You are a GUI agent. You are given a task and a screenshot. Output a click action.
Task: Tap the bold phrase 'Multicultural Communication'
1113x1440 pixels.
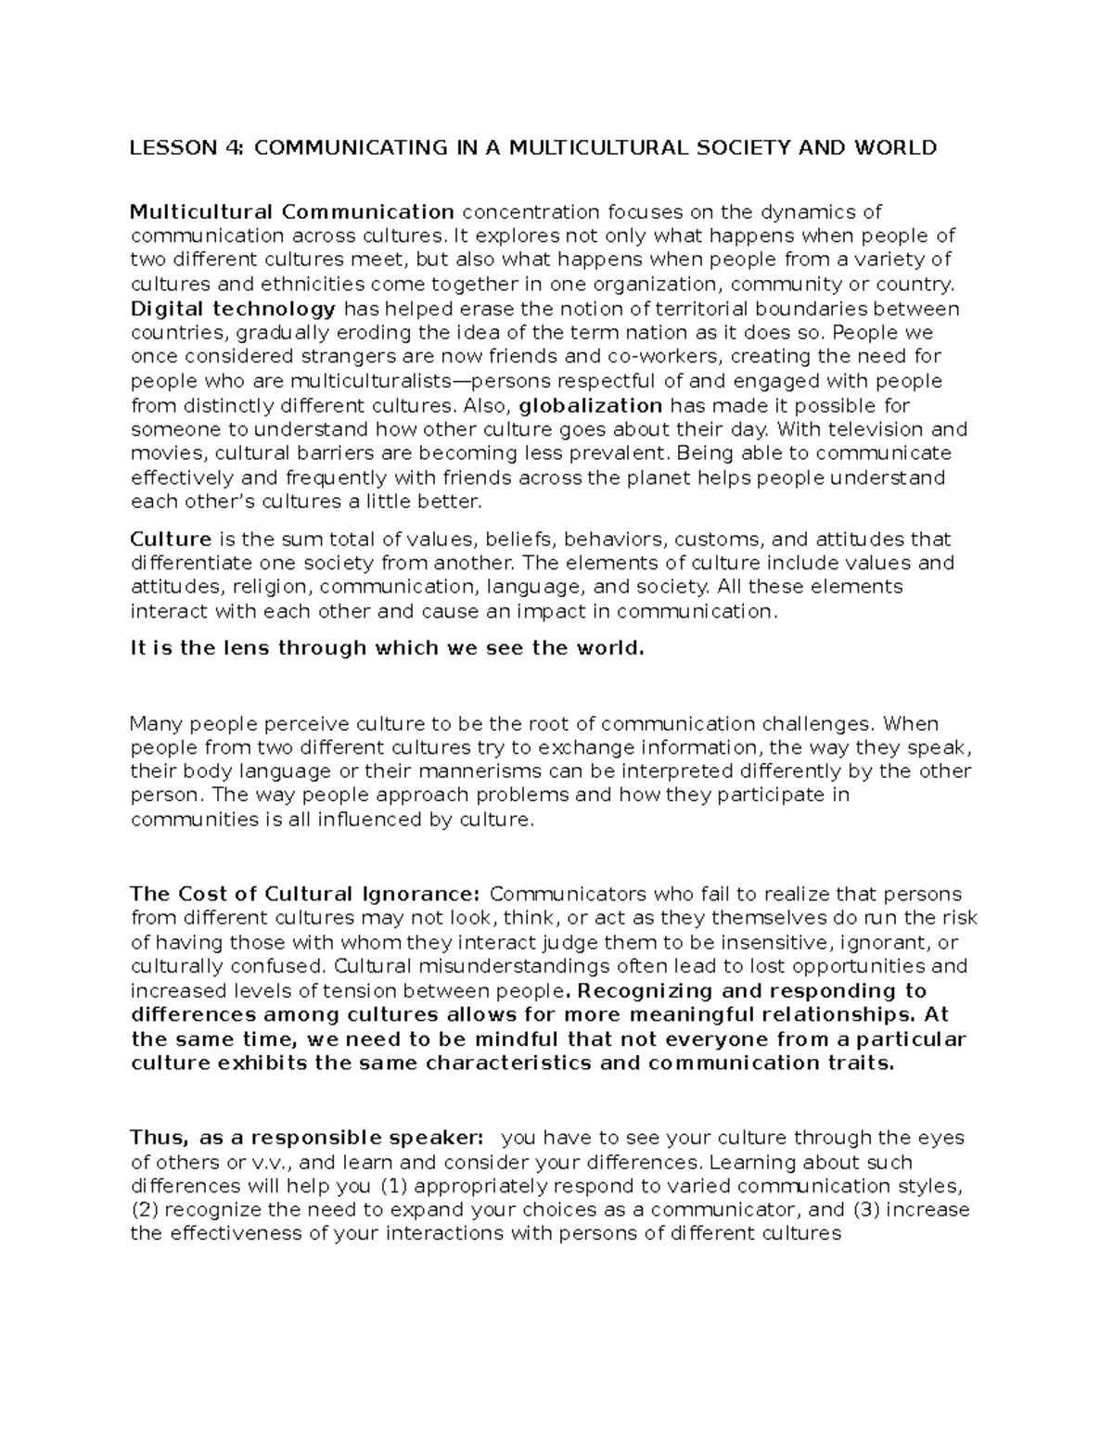point(292,212)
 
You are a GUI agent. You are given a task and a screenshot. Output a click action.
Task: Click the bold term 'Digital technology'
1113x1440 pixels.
point(233,309)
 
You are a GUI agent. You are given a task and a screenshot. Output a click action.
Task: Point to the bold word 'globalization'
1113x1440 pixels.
point(590,405)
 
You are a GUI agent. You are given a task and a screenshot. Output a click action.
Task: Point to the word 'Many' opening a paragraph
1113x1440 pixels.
point(151,723)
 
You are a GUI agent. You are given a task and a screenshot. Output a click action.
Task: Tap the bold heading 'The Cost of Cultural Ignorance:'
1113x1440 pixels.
point(305,894)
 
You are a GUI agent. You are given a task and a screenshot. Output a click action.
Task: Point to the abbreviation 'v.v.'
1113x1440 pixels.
point(273,1162)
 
